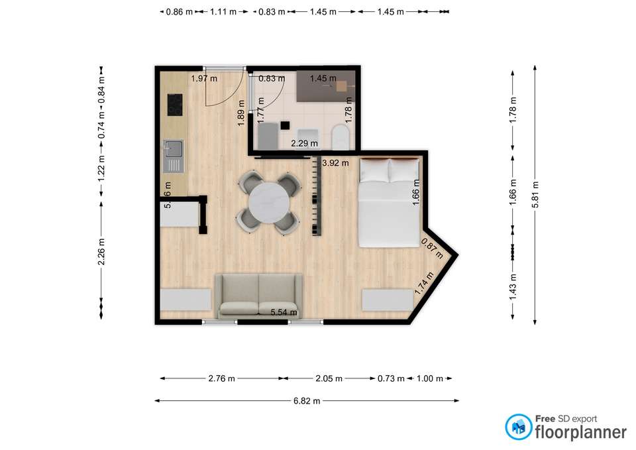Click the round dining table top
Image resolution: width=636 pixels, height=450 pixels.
[x=269, y=203]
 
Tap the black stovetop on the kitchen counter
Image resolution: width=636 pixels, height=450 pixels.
[x=175, y=104]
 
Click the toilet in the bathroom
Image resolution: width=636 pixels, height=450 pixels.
[x=339, y=137]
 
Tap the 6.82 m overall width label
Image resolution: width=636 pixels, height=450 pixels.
[x=307, y=401]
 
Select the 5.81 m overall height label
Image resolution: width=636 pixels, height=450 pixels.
[x=535, y=195]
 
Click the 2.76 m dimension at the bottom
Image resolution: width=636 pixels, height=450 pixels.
[x=221, y=379]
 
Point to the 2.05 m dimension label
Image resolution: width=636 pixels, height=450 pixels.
[x=329, y=379]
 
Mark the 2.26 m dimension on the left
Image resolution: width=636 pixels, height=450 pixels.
[x=101, y=252]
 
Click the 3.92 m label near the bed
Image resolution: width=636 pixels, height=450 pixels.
[x=335, y=163]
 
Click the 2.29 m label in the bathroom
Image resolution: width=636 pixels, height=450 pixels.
[x=305, y=142]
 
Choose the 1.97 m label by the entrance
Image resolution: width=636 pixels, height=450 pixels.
[x=204, y=79]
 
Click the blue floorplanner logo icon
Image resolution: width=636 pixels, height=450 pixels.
[x=518, y=427]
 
